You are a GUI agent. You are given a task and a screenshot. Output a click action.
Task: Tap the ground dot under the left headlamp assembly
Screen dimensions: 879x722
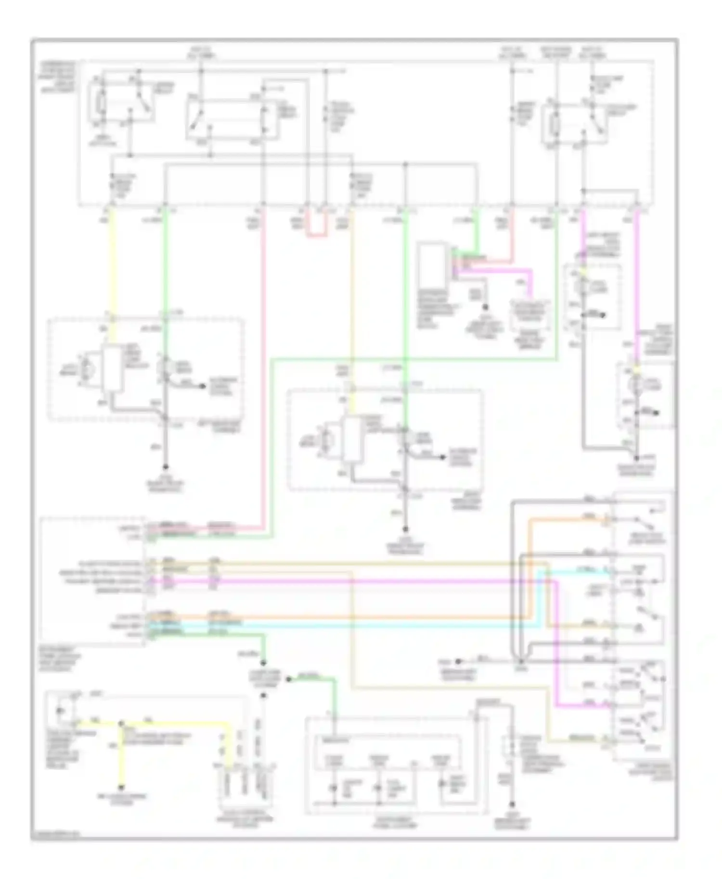click(165, 467)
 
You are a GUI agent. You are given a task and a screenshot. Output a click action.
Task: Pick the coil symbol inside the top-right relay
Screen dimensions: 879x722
click(554, 125)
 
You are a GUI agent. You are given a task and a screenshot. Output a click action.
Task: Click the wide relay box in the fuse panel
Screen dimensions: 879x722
click(232, 119)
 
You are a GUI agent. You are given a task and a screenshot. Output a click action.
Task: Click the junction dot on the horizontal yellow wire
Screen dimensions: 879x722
click(121, 723)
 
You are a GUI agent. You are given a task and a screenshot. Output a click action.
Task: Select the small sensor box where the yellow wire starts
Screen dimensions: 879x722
click(60, 710)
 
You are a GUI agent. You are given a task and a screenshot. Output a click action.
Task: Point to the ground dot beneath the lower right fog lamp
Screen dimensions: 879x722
click(637, 458)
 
